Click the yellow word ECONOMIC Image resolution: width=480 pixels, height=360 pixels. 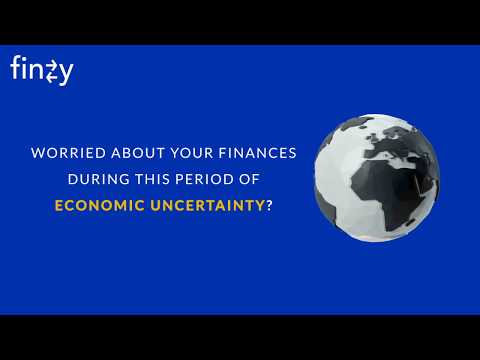[x=96, y=206]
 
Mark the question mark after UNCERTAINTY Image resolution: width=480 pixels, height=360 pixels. [x=270, y=206]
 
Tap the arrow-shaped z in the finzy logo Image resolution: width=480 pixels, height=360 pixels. [x=51, y=71]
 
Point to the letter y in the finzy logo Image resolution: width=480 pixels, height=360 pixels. [x=65, y=73]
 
